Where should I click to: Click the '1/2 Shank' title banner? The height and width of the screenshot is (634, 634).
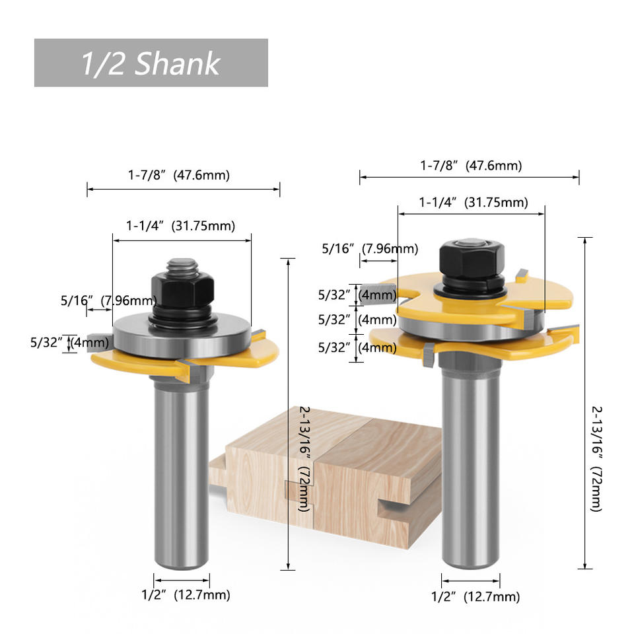(x=151, y=63)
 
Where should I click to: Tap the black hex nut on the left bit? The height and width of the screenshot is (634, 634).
(x=182, y=289)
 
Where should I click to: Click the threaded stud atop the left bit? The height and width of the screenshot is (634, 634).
(x=182, y=267)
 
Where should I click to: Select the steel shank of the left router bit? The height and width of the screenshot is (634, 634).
(x=182, y=473)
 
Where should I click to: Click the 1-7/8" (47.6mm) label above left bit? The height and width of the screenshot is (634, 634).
(x=179, y=175)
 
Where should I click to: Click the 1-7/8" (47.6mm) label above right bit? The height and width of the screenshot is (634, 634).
(x=471, y=165)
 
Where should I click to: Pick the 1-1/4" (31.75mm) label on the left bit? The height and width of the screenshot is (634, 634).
(x=180, y=226)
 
